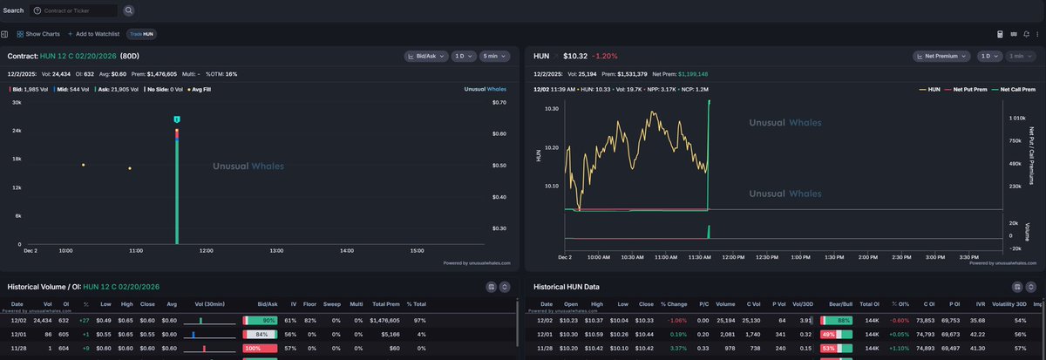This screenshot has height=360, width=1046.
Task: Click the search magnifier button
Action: pos(129,10)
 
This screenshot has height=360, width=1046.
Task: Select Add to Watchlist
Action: pos(93,34)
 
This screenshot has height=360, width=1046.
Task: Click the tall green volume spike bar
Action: pos(177,192)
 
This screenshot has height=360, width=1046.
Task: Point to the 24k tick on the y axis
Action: pos(16,131)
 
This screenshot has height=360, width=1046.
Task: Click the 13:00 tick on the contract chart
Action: pos(276,251)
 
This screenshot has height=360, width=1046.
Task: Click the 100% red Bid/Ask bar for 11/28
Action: pos(259,348)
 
